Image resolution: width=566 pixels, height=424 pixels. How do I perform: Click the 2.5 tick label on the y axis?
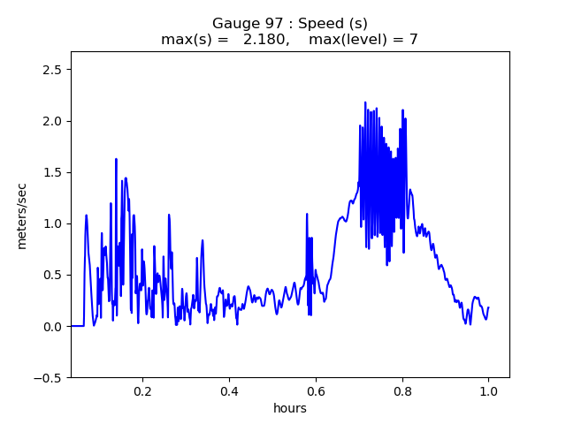tap(54, 70)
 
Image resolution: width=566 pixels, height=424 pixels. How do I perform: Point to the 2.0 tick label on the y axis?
tap(54, 121)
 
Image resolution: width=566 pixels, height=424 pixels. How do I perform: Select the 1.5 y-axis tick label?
tap(54, 172)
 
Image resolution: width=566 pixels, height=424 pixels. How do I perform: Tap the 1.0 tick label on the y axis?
tap(54, 223)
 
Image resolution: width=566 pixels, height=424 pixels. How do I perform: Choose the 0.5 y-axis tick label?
tap(54, 275)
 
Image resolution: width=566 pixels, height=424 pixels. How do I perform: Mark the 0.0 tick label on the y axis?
tap(54, 326)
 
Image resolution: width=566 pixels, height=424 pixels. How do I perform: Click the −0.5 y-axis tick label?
tap(50, 377)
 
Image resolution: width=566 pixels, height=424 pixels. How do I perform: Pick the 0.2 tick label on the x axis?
tap(142, 390)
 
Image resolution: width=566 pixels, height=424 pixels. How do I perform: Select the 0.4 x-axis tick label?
tap(229, 390)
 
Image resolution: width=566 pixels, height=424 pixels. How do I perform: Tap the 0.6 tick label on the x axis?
tap(316, 390)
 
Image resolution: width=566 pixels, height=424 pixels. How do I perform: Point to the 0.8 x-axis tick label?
tap(402, 390)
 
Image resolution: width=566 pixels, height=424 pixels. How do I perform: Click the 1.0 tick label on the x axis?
tap(488, 390)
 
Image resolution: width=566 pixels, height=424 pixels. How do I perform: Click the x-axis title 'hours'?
tap(289, 408)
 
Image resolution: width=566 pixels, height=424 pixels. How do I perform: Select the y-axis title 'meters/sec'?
tap(21, 216)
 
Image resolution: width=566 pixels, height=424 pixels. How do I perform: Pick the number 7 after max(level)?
tap(413, 39)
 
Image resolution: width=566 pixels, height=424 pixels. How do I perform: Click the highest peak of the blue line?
tap(364, 102)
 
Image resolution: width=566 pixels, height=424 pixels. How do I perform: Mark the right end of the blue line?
tap(488, 307)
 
